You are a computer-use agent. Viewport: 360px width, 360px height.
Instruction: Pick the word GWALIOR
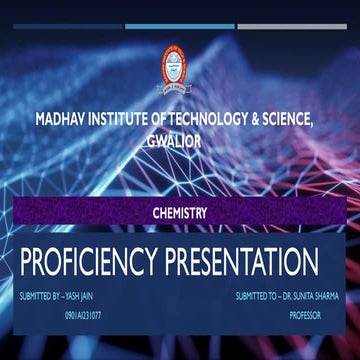click(x=179, y=141)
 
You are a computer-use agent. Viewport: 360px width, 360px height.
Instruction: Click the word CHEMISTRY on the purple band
click(x=179, y=212)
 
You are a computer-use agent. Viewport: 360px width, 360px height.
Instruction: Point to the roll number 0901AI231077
click(x=83, y=315)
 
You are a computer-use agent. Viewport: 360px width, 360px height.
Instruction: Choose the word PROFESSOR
click(x=306, y=315)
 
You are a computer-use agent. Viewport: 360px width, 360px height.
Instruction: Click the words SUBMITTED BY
click(x=38, y=297)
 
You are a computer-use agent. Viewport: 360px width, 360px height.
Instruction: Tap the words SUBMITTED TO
click(x=255, y=297)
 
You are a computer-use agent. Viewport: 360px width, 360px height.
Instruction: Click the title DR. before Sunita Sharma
click(x=285, y=297)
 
